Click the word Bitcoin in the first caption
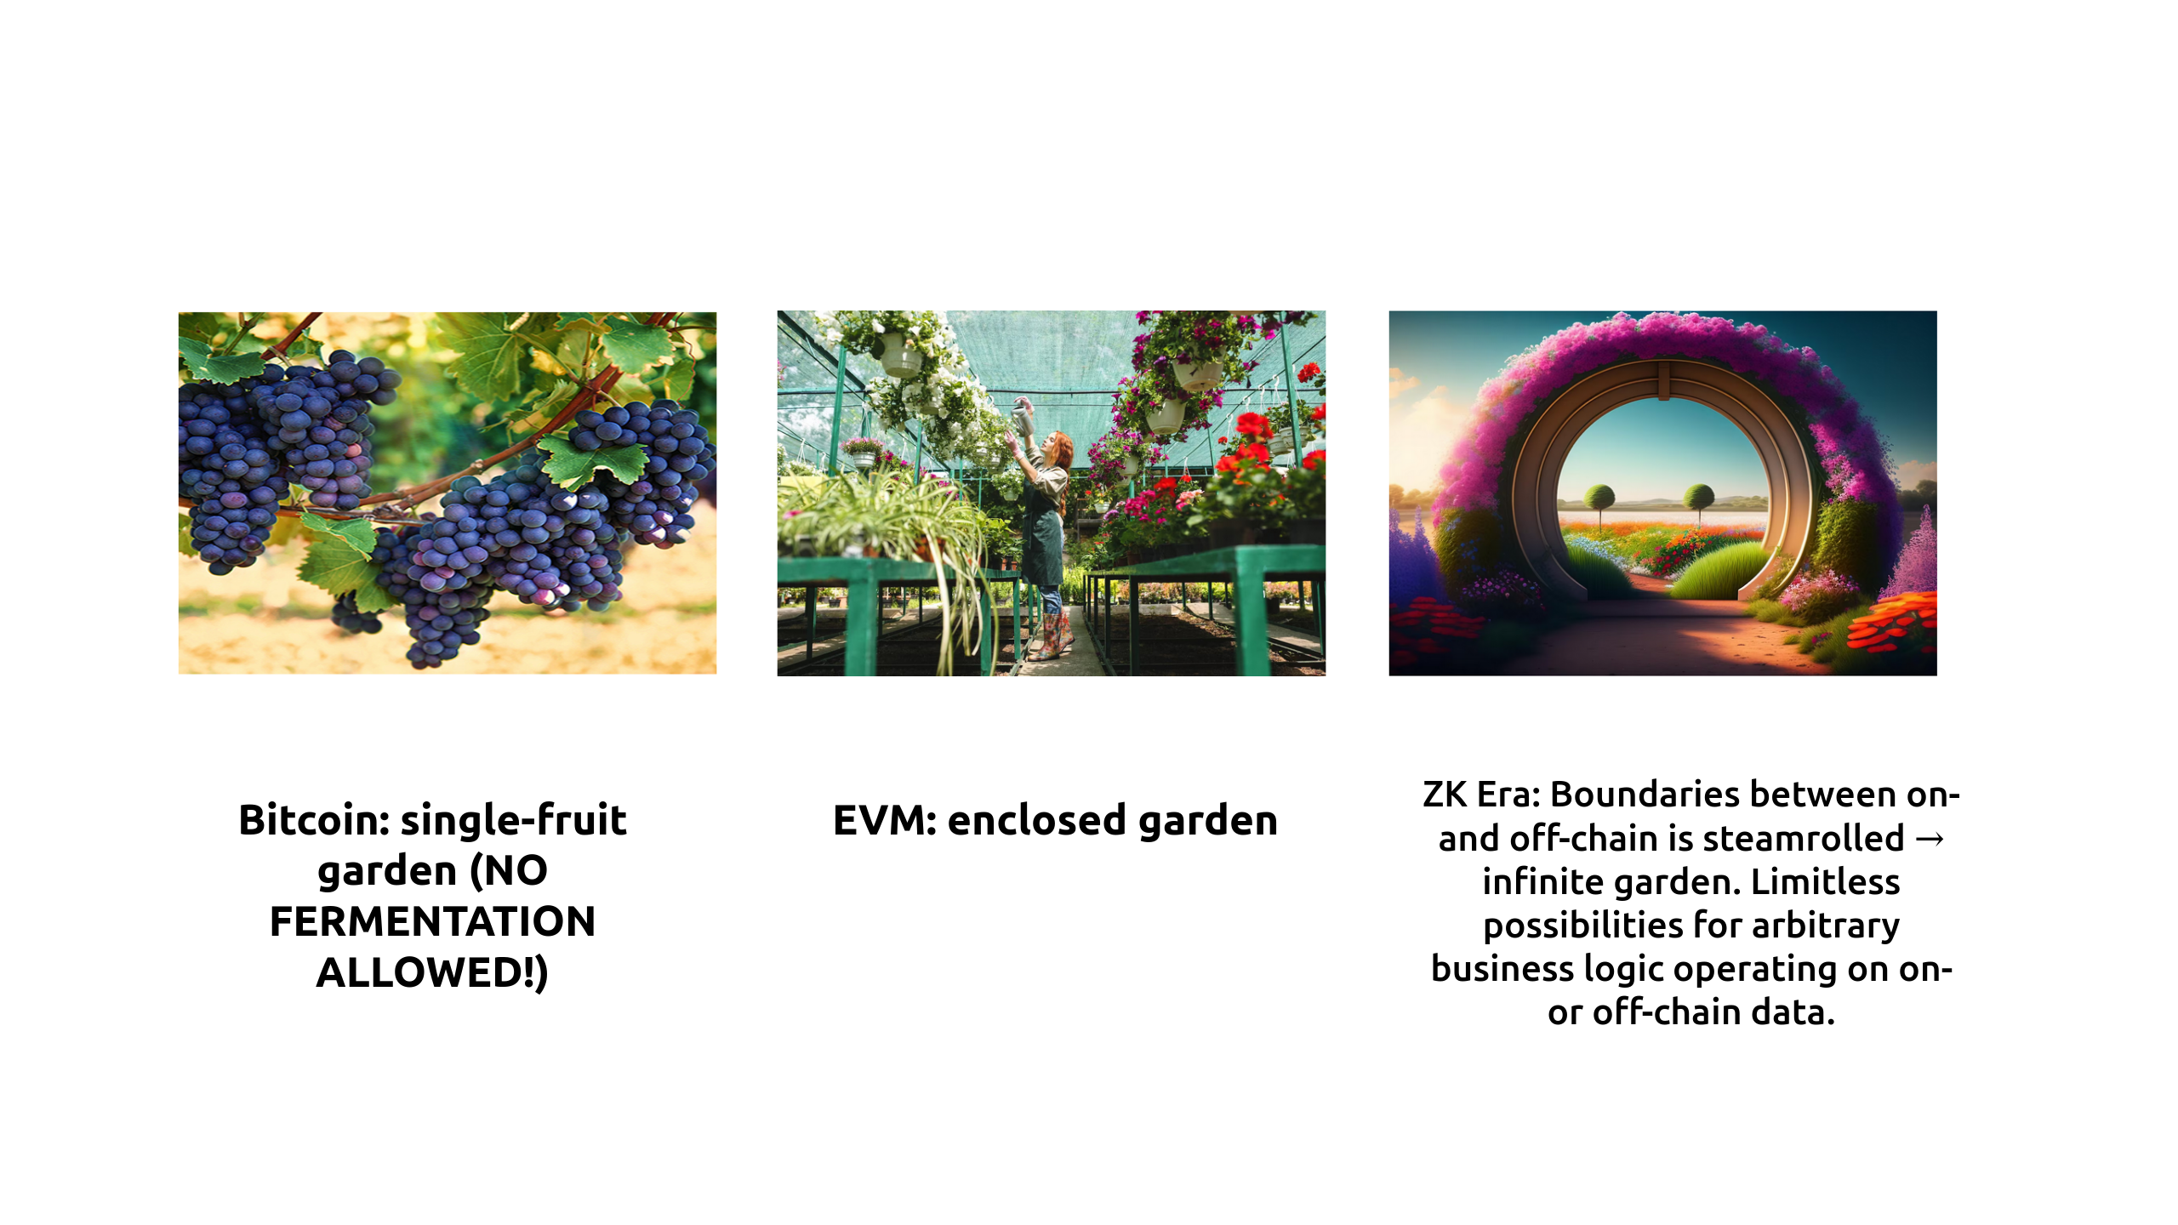[x=314, y=821]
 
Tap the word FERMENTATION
[x=433, y=922]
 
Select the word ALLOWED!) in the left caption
[x=432, y=973]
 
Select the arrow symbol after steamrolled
[x=1930, y=840]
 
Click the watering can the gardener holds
[x=1023, y=416]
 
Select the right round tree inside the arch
[x=1700, y=495]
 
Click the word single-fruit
[x=514, y=821]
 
